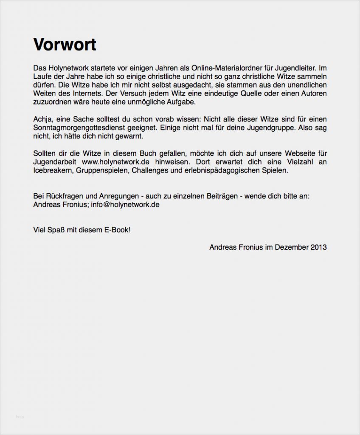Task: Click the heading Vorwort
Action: [65, 45]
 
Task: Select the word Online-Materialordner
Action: [225, 68]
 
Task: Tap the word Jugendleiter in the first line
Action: [293, 68]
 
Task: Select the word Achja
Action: [42, 119]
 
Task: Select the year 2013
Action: [318, 247]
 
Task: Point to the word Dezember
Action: [291, 247]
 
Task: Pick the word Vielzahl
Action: [297, 162]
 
